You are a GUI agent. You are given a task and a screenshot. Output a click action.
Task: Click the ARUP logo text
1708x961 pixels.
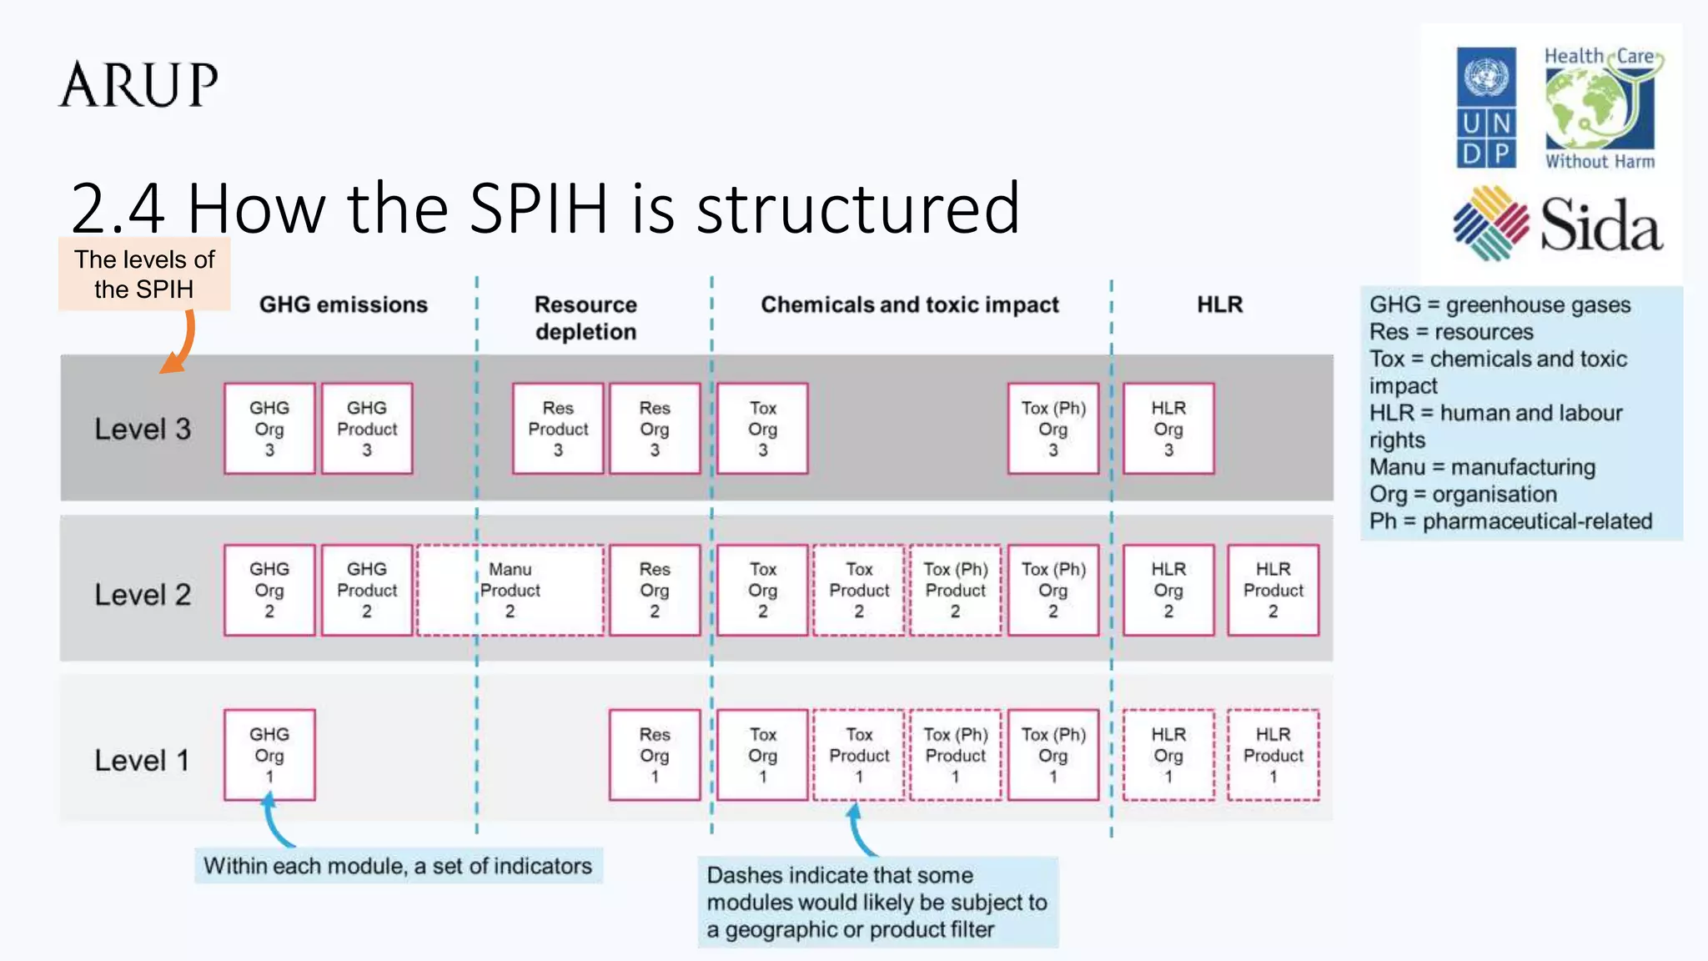[138, 85]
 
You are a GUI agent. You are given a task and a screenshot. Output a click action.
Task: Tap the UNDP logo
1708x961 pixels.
[1485, 108]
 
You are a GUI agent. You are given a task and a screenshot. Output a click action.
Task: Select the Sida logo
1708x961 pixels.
[1558, 224]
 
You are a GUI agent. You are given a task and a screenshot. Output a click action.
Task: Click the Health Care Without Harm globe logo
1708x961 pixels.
[1600, 108]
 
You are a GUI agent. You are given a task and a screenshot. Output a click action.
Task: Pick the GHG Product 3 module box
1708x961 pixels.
[367, 429]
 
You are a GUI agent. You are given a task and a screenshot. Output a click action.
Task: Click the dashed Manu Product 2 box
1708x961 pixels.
[510, 591]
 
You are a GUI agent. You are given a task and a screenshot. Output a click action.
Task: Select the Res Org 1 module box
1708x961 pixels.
[655, 755]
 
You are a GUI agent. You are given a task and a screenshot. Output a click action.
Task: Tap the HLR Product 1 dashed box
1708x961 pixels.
[1273, 755]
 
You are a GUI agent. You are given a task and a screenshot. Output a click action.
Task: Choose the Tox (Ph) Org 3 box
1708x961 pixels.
[1053, 429]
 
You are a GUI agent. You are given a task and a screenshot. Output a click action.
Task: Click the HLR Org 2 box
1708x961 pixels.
[1168, 591]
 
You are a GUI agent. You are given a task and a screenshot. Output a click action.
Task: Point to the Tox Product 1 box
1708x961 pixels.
[859, 755]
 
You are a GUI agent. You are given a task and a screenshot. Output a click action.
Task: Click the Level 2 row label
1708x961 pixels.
[143, 595]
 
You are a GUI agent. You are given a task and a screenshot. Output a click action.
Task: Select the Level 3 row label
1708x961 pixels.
[143, 429]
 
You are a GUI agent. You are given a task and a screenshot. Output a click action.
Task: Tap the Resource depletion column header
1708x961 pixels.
[585, 318]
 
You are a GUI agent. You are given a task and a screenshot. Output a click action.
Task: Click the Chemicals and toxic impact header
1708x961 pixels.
[909, 304]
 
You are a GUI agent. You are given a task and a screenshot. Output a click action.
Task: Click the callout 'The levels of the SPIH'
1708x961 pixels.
[144, 274]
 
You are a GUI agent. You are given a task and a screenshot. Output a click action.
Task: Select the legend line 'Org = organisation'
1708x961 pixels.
[1463, 494]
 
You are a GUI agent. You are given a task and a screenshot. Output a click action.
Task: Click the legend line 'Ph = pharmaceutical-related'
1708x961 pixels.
[1510, 521]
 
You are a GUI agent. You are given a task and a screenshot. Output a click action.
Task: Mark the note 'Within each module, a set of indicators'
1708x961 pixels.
[398, 866]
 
